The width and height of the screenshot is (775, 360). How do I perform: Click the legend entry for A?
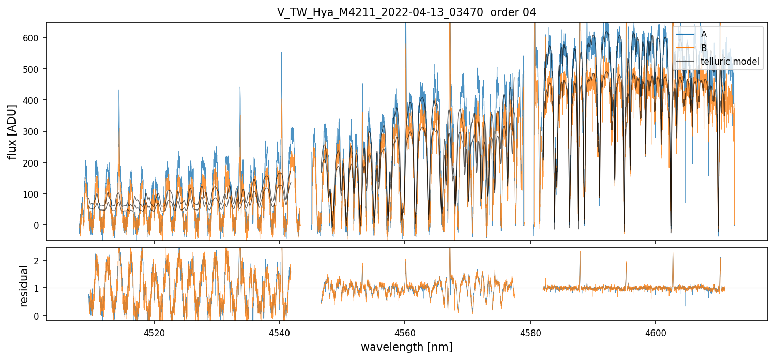(704, 34)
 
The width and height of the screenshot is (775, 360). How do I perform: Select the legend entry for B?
(704, 48)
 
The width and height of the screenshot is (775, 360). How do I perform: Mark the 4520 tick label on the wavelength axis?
(154, 333)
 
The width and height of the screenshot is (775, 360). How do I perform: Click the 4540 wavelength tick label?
(279, 333)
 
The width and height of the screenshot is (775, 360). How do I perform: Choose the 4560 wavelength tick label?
(405, 333)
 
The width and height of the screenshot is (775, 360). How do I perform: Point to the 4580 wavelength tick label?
(530, 333)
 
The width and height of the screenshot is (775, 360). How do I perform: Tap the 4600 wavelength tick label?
(656, 333)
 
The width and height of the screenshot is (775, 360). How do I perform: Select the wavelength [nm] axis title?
(406, 347)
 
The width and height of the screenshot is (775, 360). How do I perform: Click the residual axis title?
(24, 286)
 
